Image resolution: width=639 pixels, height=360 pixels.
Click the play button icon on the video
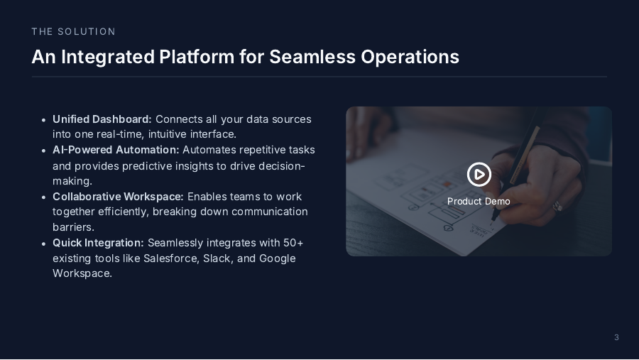pyautogui.click(x=479, y=174)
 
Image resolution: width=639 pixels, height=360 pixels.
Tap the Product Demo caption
pyautogui.click(x=479, y=202)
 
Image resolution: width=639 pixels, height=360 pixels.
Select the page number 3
pyautogui.click(x=616, y=337)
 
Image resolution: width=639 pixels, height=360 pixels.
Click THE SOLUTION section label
pyautogui.click(x=73, y=32)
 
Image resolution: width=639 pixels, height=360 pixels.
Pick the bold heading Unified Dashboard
pyautogui.click(x=102, y=119)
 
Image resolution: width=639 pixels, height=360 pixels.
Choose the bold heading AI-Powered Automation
pyautogui.click(x=116, y=150)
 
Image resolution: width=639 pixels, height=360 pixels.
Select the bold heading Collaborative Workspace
pyautogui.click(x=118, y=196)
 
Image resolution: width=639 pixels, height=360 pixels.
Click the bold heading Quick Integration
pyautogui.click(x=98, y=243)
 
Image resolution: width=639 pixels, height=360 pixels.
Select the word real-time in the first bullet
pyautogui.click(x=116, y=134)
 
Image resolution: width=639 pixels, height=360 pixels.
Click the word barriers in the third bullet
pyautogui.click(x=74, y=227)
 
